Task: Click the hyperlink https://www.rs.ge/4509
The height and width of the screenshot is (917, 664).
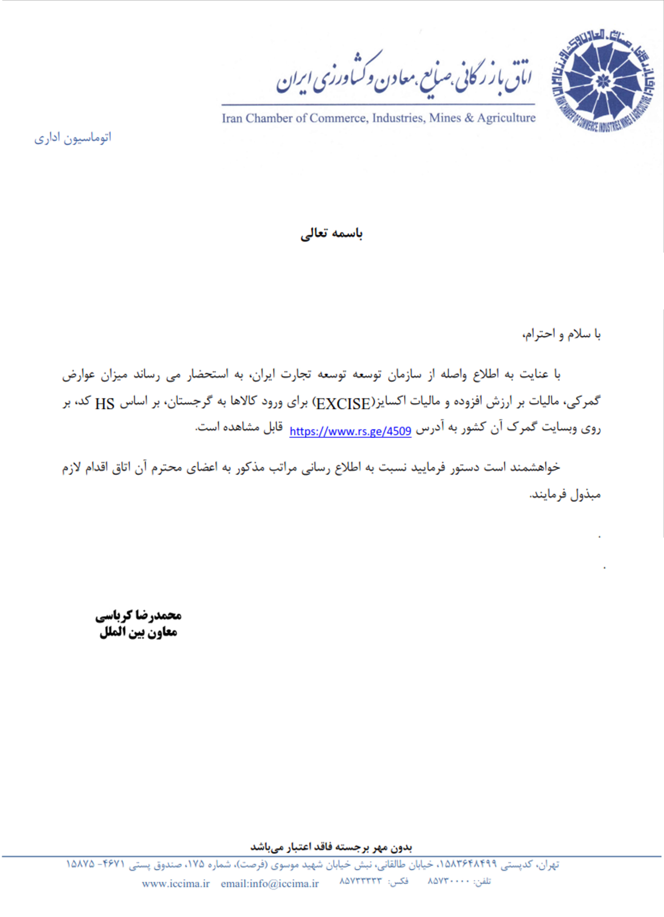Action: click(350, 431)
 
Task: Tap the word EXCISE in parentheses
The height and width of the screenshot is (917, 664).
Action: click(343, 403)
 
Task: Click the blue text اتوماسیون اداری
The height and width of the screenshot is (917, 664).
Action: click(73, 138)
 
